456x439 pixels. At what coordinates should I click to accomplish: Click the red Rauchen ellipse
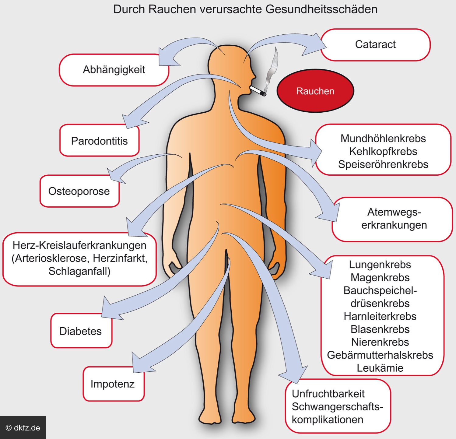coord(315,91)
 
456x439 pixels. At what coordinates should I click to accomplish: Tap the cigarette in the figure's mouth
coord(258,91)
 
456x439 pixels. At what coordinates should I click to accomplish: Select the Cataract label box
coord(375,44)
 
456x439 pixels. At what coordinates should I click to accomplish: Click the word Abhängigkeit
coord(114,70)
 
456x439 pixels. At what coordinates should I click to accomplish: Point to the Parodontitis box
coord(99,141)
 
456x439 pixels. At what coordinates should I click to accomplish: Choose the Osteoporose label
coord(79,191)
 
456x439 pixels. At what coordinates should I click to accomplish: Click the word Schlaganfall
coord(79,271)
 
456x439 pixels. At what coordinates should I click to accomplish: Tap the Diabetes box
coord(81,331)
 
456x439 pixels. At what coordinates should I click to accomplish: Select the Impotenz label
coord(113,384)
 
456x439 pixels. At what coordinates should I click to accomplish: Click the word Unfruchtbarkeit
coord(328,394)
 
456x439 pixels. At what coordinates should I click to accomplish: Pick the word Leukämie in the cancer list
coord(380,368)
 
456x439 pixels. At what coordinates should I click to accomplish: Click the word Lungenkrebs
coord(380,265)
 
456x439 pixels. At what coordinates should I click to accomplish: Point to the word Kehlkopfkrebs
coord(383,151)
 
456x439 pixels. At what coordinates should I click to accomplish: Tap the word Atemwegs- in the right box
coord(394,212)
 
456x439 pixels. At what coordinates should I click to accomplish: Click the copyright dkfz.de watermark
coord(23,428)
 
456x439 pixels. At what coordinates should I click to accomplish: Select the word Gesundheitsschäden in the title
coord(321,9)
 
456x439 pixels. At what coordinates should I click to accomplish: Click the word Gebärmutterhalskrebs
coord(380,355)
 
